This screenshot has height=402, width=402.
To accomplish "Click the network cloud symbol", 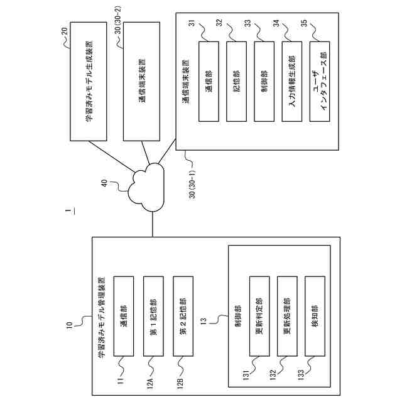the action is coord(146,187).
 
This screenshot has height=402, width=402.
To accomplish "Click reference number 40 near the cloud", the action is coord(104,183).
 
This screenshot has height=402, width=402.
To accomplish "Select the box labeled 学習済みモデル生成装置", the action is coord(89,82).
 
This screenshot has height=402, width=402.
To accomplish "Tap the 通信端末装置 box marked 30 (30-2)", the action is coord(141,82).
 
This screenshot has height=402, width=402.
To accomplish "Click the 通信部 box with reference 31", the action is coord(209,82).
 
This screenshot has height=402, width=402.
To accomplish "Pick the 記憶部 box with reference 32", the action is coord(236,82).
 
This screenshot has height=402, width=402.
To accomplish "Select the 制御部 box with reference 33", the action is coord(264,82).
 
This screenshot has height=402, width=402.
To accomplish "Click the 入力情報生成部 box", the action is coord(291,82).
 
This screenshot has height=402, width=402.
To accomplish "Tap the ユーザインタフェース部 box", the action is coord(320,82).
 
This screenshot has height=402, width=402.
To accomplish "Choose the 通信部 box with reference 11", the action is coord(124,316).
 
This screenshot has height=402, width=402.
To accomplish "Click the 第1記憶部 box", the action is coord(153,316).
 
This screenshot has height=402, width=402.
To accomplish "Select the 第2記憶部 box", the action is coord(183,316).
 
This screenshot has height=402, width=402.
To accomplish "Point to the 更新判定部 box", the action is coord(259,316).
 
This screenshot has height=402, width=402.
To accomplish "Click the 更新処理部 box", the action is coord(287,316).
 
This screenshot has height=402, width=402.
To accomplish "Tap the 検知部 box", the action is coord(315,316).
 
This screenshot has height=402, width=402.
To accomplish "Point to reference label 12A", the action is coord(150,384).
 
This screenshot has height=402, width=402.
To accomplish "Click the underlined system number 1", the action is coord(68,211).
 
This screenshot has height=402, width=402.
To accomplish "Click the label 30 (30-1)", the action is coord(192,183).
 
